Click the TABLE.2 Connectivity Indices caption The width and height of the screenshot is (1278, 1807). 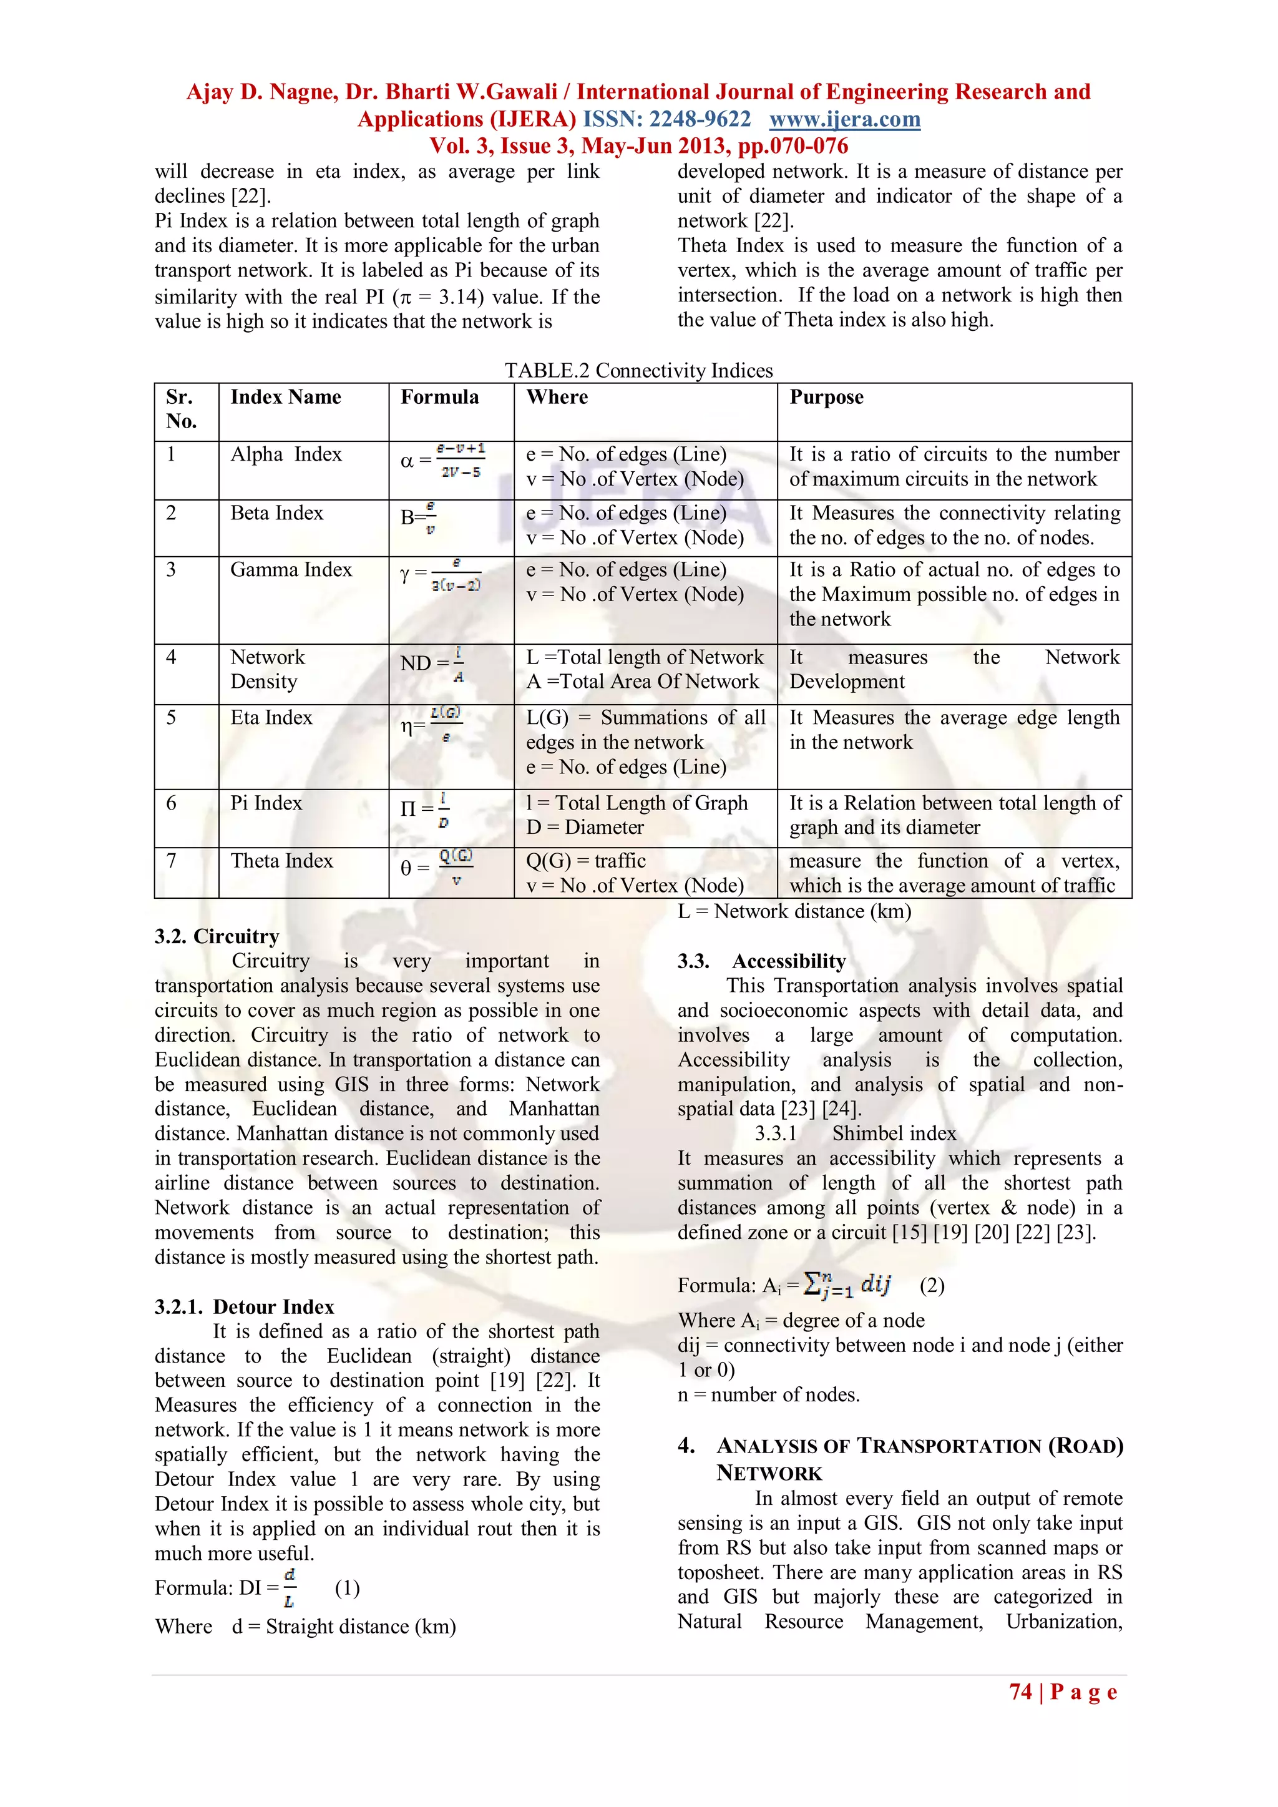[638, 370]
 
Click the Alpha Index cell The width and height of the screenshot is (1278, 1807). [286, 454]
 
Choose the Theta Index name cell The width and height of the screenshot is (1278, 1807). [281, 860]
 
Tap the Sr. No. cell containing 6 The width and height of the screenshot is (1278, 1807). [171, 803]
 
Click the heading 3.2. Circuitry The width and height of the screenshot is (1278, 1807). [217, 936]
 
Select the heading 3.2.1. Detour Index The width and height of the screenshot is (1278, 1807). [244, 1306]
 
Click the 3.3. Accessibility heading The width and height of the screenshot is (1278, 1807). [762, 961]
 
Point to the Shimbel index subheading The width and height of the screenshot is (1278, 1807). [894, 1134]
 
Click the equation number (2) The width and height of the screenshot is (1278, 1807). [932, 1285]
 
